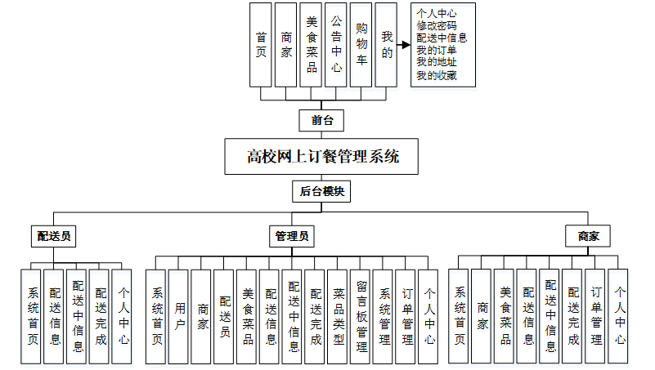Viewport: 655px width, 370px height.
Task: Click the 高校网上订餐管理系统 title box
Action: pos(323,156)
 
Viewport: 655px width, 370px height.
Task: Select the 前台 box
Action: pos(322,120)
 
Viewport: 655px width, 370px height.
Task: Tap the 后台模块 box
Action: pos(322,192)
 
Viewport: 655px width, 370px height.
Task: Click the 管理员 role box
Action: pos(292,236)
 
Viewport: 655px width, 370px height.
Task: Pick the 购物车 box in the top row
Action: pos(361,44)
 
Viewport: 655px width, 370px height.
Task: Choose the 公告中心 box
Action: pos(336,44)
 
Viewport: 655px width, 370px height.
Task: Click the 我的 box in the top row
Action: pos(386,44)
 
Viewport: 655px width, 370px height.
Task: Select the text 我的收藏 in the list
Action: pos(436,76)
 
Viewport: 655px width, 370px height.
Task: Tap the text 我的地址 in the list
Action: pos(436,63)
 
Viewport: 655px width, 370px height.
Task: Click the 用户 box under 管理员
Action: pos(180,316)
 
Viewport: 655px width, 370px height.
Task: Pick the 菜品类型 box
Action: pos(339,316)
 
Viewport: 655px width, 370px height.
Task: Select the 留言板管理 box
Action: pos(361,316)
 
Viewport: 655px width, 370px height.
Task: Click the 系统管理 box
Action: pos(384,316)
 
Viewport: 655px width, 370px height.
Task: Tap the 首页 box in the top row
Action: pos(261,44)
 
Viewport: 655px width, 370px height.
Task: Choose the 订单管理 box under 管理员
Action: pos(406,316)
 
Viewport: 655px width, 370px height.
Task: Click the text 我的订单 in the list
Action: pos(436,51)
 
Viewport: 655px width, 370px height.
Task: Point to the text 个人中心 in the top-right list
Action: pos(436,13)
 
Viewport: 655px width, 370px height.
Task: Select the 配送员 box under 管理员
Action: pos(225,316)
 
